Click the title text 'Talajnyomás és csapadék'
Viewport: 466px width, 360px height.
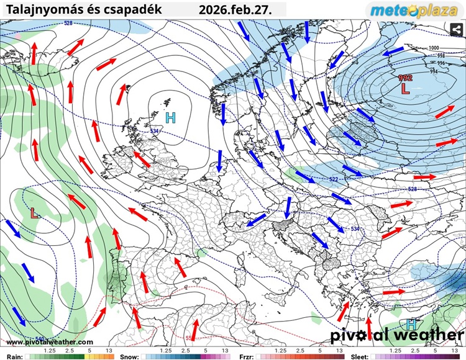[x=83, y=10]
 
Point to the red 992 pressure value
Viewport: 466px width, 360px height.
[x=405, y=78]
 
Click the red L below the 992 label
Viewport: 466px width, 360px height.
[x=406, y=89]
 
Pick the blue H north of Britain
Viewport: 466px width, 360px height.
[x=170, y=117]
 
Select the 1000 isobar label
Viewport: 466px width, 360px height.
[x=434, y=48]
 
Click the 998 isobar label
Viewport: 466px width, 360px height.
[x=441, y=56]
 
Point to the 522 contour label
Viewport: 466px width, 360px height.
[x=334, y=179]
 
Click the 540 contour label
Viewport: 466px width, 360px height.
[x=40, y=338]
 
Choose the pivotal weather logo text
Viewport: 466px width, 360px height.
[x=396, y=335]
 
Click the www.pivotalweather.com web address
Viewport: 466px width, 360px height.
[x=50, y=342]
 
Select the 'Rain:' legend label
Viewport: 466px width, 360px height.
[x=15, y=357]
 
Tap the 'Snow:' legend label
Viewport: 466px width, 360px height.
[x=129, y=357]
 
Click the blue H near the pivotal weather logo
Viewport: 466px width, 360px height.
[x=411, y=324]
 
